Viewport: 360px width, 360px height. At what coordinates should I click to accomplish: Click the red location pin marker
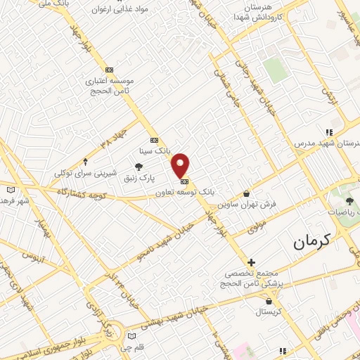click(181, 165)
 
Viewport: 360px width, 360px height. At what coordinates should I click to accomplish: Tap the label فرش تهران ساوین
click(246, 203)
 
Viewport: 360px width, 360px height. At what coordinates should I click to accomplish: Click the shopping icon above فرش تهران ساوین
click(246, 193)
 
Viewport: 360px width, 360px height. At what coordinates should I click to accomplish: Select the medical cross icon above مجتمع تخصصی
click(251, 262)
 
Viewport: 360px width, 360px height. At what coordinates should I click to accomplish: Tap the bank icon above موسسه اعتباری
click(109, 70)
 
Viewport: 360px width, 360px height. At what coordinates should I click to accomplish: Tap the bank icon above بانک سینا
click(154, 139)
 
